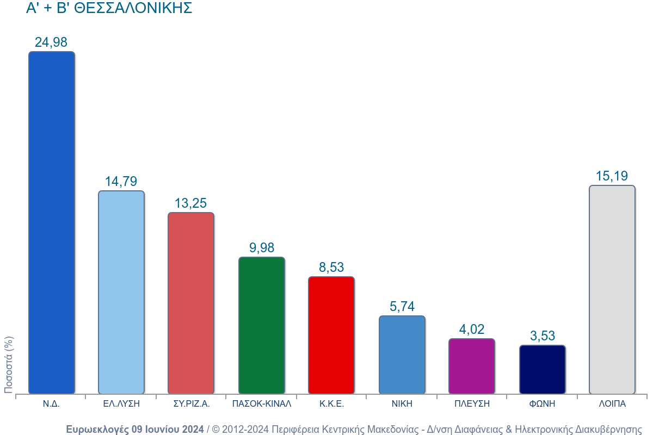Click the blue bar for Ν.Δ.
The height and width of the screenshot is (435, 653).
coord(51,223)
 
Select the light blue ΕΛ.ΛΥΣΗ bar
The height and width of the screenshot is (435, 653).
coord(121,293)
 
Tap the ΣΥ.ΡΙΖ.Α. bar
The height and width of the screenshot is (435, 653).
coord(191,303)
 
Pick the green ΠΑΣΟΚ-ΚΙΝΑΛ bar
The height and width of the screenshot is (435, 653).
coord(262,325)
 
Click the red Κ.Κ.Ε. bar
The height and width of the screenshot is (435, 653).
coord(331,335)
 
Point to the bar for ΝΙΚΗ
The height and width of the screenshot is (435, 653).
coord(402,355)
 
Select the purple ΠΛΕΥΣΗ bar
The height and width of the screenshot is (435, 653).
coord(472,366)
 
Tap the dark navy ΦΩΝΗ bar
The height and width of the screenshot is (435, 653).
coord(543,369)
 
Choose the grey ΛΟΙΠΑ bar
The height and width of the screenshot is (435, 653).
coord(612,289)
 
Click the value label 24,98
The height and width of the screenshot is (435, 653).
coord(51,42)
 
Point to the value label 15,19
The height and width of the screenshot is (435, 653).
coord(612,176)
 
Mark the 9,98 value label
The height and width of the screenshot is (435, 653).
coord(262,248)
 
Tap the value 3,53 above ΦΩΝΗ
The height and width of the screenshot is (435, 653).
coord(543,336)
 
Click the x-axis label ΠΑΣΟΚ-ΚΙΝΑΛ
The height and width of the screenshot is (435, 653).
coord(262,404)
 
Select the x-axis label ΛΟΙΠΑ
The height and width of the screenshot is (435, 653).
coord(612,404)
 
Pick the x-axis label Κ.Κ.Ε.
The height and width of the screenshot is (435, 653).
coord(331,404)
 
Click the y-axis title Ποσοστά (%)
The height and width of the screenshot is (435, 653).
coord(9,364)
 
